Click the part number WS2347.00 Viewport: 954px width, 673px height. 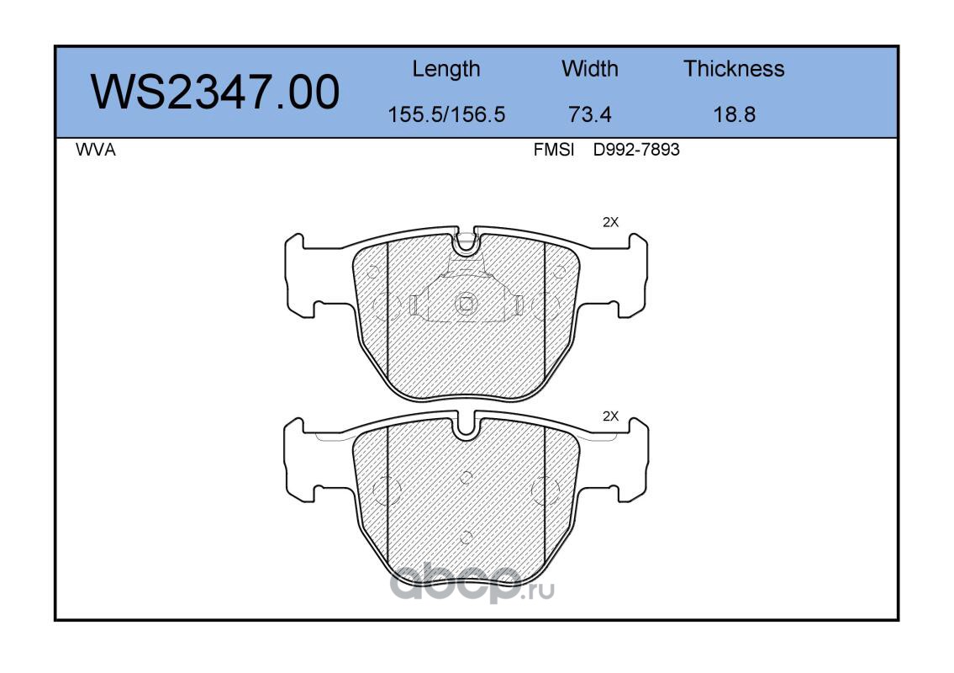pos(215,92)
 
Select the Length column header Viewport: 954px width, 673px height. pos(446,70)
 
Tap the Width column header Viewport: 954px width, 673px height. pos(589,68)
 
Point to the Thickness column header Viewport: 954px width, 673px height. pos(734,68)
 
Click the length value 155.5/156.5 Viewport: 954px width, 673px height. pos(446,114)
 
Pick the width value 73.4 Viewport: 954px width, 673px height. pos(589,114)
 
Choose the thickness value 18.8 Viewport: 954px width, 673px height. pos(735,114)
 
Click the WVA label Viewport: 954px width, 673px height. pos(96,150)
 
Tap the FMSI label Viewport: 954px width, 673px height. pos(554,150)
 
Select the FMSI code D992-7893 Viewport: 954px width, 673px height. pos(636,150)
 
